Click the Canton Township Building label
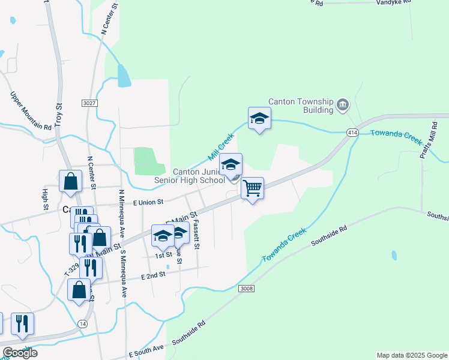[301, 106]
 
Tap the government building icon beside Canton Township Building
[343, 106]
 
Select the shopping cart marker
[253, 188]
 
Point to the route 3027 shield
[89, 104]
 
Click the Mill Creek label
[220, 146]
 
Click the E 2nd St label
[153, 275]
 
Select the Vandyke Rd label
[393, 2]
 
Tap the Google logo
[19, 353]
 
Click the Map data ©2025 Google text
[411, 355]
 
